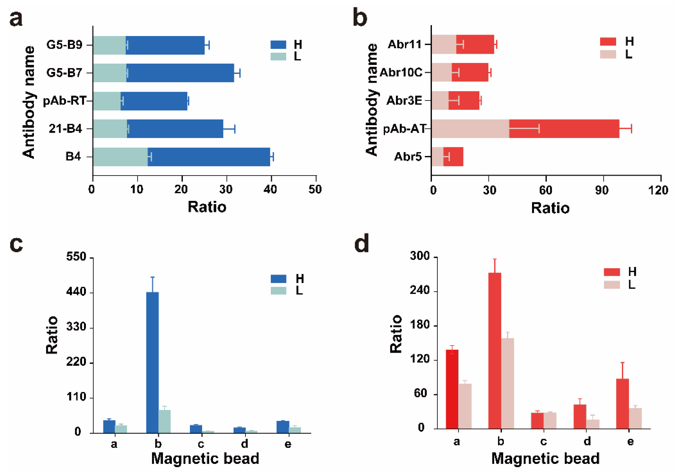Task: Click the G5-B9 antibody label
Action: point(64,45)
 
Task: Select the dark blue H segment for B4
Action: point(208,157)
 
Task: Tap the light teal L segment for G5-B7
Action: point(109,73)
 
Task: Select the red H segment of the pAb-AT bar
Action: point(564,128)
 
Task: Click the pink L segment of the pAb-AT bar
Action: point(470,128)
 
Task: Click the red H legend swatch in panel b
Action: point(608,42)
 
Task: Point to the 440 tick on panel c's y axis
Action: point(76,292)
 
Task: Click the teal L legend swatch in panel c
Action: point(278,291)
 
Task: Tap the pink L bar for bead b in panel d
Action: point(507,383)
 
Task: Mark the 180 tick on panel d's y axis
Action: point(420,325)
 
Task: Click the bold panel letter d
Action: point(362,243)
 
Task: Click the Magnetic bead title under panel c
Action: point(205,459)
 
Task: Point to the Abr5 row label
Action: point(408,156)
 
